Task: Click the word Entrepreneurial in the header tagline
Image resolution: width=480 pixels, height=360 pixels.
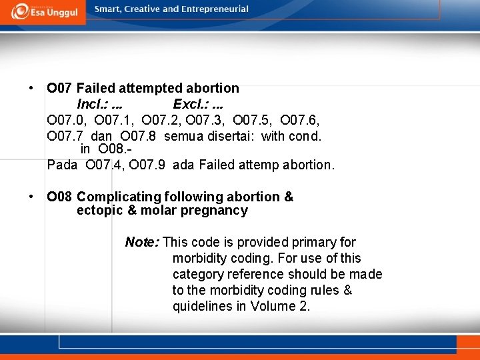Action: [x=217, y=9]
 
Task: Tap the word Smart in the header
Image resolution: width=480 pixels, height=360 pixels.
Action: [x=109, y=9]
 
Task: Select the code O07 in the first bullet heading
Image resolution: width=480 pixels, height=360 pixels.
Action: [x=59, y=88]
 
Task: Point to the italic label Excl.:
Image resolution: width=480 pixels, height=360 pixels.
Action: [x=189, y=104]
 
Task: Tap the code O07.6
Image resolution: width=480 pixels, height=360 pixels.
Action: [x=300, y=120]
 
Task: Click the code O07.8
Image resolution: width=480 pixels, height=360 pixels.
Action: [x=138, y=136]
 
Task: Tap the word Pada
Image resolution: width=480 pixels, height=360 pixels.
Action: [x=62, y=164]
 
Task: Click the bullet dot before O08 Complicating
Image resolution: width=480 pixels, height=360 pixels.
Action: [x=31, y=197]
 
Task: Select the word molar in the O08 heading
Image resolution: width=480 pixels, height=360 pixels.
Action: [x=154, y=211]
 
